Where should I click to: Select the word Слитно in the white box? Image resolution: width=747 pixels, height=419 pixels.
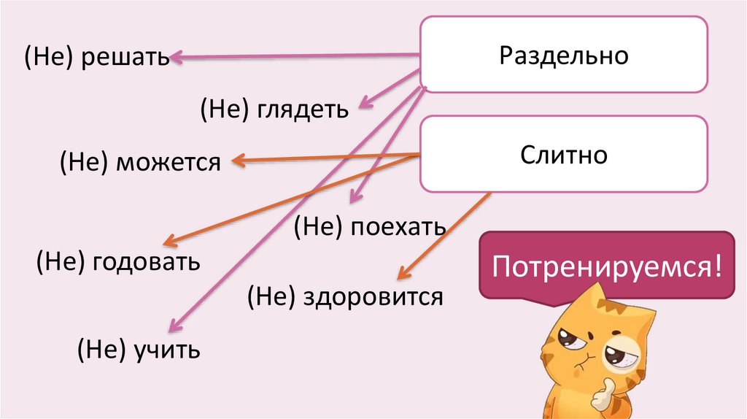click(563, 155)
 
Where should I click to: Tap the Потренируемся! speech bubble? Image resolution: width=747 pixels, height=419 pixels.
click(607, 266)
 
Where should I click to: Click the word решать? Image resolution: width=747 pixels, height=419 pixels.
click(125, 57)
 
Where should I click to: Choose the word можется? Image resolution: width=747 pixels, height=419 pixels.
click(166, 162)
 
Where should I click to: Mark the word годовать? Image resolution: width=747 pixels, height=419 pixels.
click(146, 261)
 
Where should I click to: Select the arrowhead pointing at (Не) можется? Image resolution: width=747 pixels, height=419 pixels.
click(236, 161)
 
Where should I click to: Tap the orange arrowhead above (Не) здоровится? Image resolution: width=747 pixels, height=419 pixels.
click(402, 275)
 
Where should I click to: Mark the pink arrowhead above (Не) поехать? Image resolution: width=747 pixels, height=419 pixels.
click(355, 196)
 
